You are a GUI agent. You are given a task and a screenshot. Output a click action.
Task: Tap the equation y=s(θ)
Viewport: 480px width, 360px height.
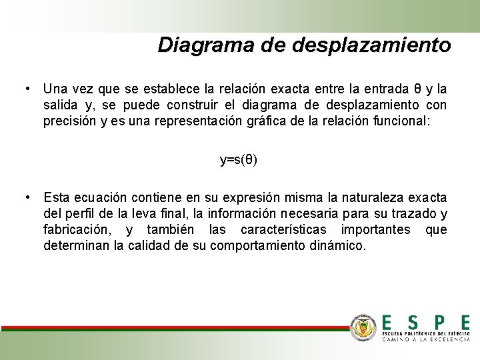[x=239, y=160]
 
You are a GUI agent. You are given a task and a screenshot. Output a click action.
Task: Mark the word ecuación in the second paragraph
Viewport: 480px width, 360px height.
[x=99, y=197]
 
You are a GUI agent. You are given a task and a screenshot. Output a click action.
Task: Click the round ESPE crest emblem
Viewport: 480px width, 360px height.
[x=364, y=327]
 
